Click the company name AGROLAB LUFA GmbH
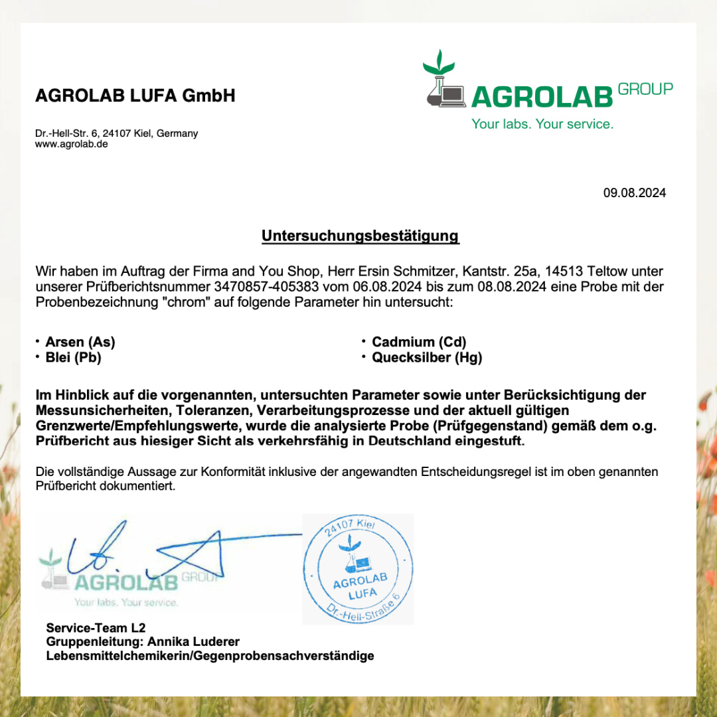135,96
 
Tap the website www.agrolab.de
72,144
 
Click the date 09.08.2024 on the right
634,193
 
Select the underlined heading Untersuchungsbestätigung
360,236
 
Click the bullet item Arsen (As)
80,343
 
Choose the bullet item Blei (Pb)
73,358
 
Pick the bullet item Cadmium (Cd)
419,343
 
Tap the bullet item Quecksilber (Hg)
427,358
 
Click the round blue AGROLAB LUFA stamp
357,569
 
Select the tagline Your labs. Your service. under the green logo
542,124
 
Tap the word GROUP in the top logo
645,89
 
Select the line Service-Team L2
96,627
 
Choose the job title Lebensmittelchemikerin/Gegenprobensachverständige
210,656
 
